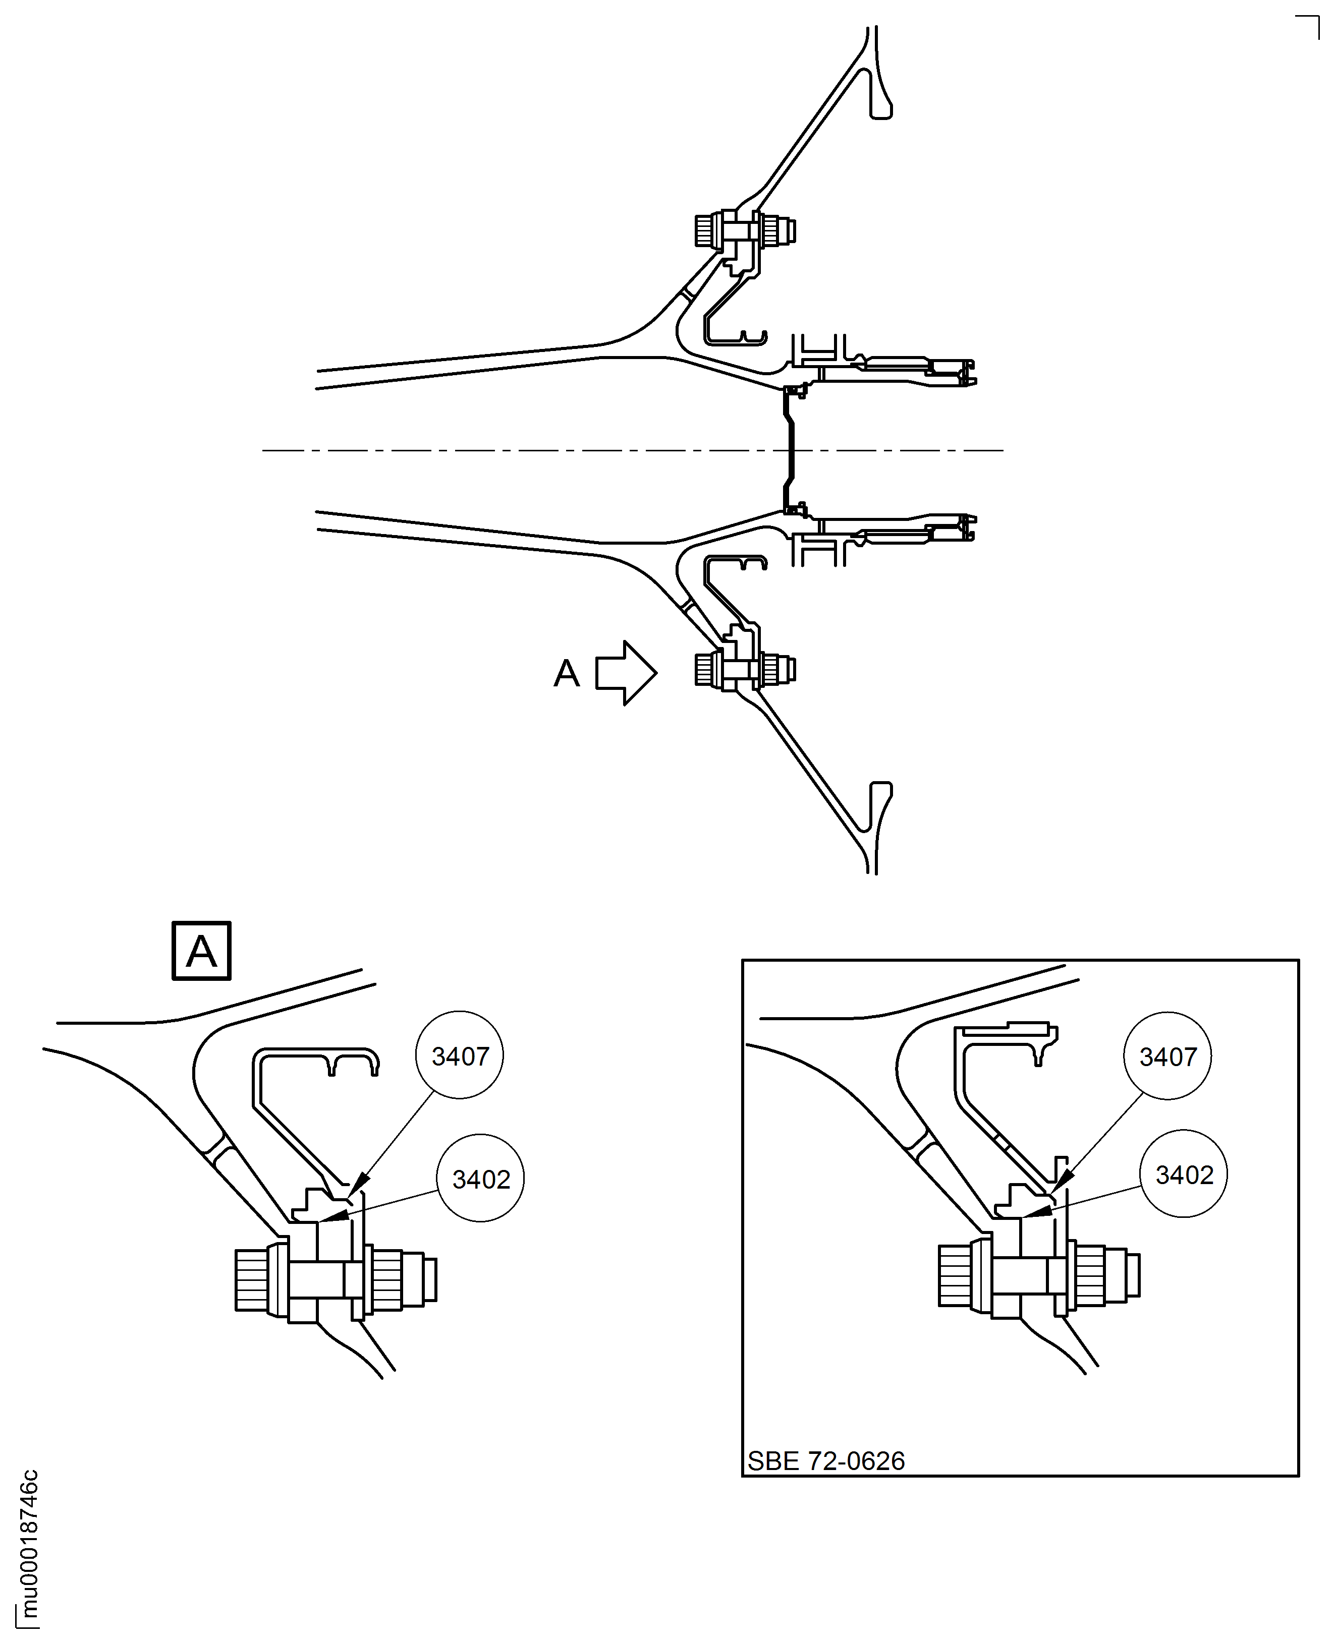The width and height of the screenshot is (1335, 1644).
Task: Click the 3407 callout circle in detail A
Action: point(459,1055)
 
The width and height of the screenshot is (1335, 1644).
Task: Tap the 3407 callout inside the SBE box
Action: point(1167,1056)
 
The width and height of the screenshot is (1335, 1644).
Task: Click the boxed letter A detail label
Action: point(201,951)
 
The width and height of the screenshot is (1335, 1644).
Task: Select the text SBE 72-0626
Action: point(826,1460)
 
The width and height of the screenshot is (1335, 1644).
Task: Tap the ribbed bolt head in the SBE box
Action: point(955,1276)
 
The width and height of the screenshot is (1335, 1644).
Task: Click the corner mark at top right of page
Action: point(1309,27)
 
